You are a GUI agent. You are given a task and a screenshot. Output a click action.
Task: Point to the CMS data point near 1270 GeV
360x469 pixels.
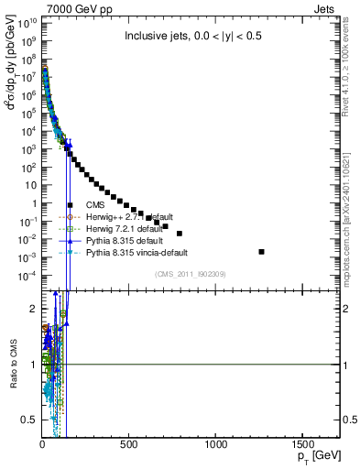coord(262,251)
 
